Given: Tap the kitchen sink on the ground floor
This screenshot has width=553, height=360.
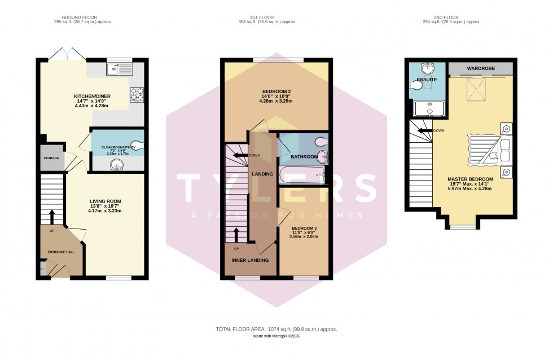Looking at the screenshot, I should click(x=119, y=69).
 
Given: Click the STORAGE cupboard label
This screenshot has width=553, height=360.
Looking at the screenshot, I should click(x=51, y=159).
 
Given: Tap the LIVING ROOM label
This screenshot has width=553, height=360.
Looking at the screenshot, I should click(x=105, y=201).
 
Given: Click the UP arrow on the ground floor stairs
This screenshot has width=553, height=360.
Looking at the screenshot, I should click(x=51, y=217).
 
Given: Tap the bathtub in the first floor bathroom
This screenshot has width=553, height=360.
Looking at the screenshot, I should click(x=302, y=176).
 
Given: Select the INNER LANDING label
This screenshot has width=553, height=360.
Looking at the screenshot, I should click(x=250, y=260).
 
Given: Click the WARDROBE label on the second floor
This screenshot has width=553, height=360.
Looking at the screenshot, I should click(x=481, y=69).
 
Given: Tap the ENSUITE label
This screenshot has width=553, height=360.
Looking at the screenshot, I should click(x=427, y=80).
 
